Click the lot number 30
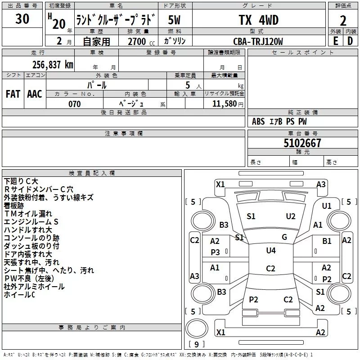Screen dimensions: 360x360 tap(22, 19)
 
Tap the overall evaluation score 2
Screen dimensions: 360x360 tap(343, 21)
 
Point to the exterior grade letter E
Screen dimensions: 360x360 tap(335, 41)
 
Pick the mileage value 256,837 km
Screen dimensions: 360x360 tap(53, 64)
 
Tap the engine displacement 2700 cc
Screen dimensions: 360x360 tap(136, 41)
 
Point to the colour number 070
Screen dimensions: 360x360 tap(74, 104)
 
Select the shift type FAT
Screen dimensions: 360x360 tap(13, 94)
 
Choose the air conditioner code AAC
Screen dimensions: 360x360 tap(35, 94)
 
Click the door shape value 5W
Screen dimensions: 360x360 tap(175, 20)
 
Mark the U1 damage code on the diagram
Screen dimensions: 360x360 tap(327, 206)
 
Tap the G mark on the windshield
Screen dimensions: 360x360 tap(284, 237)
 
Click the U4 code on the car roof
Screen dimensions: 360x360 tap(271, 251)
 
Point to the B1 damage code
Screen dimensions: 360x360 tap(327, 241)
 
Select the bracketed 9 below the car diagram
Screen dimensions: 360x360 tap(196, 344)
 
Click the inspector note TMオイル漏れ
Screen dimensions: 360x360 tap(28, 214)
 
